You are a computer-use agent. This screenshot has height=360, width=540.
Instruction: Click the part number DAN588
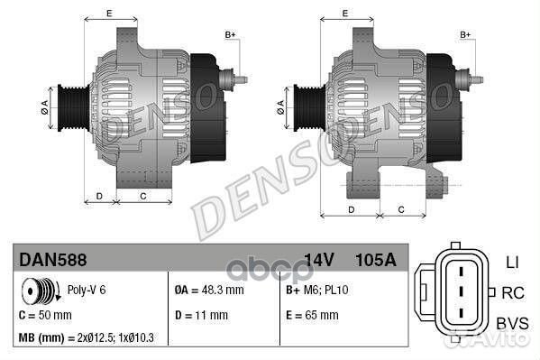(53, 260)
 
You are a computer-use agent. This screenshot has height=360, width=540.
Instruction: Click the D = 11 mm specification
(200, 315)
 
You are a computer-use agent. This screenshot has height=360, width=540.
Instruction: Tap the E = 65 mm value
(312, 315)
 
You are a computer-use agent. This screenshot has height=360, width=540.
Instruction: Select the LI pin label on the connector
(511, 261)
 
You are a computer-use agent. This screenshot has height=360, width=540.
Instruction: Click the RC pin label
(512, 291)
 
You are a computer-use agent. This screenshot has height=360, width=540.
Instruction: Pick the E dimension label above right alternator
(346, 13)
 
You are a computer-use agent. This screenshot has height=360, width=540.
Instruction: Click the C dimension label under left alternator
(143, 195)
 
